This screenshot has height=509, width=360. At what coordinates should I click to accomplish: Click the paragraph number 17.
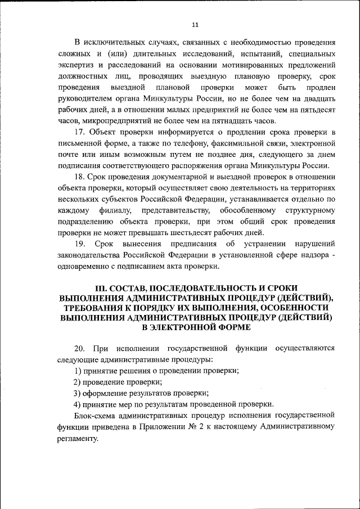[x=79, y=132]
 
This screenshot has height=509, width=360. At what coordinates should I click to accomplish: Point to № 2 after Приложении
[x=188, y=426]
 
